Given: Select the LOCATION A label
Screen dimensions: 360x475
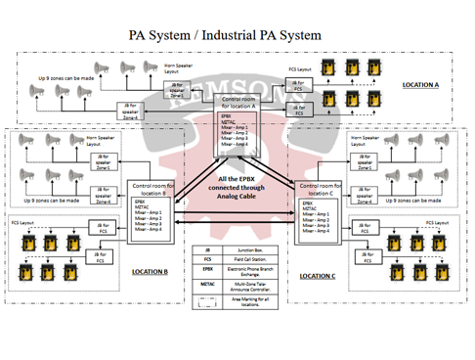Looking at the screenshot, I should click(x=420, y=85).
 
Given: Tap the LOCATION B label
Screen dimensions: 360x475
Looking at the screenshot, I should click(x=151, y=272).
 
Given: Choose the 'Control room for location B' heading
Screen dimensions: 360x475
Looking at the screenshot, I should click(x=155, y=188).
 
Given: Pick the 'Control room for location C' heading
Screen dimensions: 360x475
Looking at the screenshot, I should click(x=321, y=188).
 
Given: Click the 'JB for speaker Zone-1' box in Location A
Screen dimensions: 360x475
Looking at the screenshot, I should click(x=177, y=91).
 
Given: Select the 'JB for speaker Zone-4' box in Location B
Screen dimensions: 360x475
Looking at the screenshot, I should click(x=103, y=197).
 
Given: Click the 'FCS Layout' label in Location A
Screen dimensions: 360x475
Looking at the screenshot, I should click(x=300, y=69).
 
